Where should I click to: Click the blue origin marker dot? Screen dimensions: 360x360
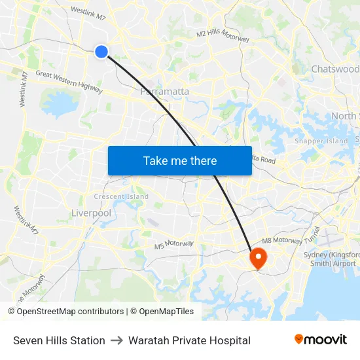click(101, 51)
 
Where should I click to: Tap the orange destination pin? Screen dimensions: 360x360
click(258, 258)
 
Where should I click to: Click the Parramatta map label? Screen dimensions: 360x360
click(165, 92)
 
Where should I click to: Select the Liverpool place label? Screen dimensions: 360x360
click(91, 213)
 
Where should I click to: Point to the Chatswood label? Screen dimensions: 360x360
click(334, 69)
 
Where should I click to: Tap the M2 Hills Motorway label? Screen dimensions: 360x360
click(223, 35)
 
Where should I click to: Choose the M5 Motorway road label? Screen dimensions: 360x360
click(174, 245)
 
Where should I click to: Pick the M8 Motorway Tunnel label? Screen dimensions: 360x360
click(302, 240)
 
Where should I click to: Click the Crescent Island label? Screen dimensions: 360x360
click(121, 196)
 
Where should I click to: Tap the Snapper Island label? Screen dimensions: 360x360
click(321, 141)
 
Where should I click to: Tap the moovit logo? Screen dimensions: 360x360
click(321, 339)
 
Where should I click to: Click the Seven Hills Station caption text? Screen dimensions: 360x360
click(59, 340)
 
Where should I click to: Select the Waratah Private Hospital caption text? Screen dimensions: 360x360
click(189, 340)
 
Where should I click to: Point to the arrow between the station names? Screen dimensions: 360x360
click(117, 340)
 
